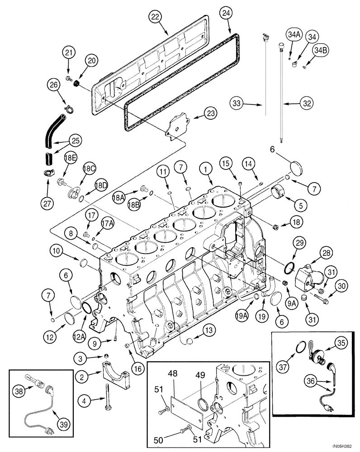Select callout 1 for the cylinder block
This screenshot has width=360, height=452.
tap(207, 169)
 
